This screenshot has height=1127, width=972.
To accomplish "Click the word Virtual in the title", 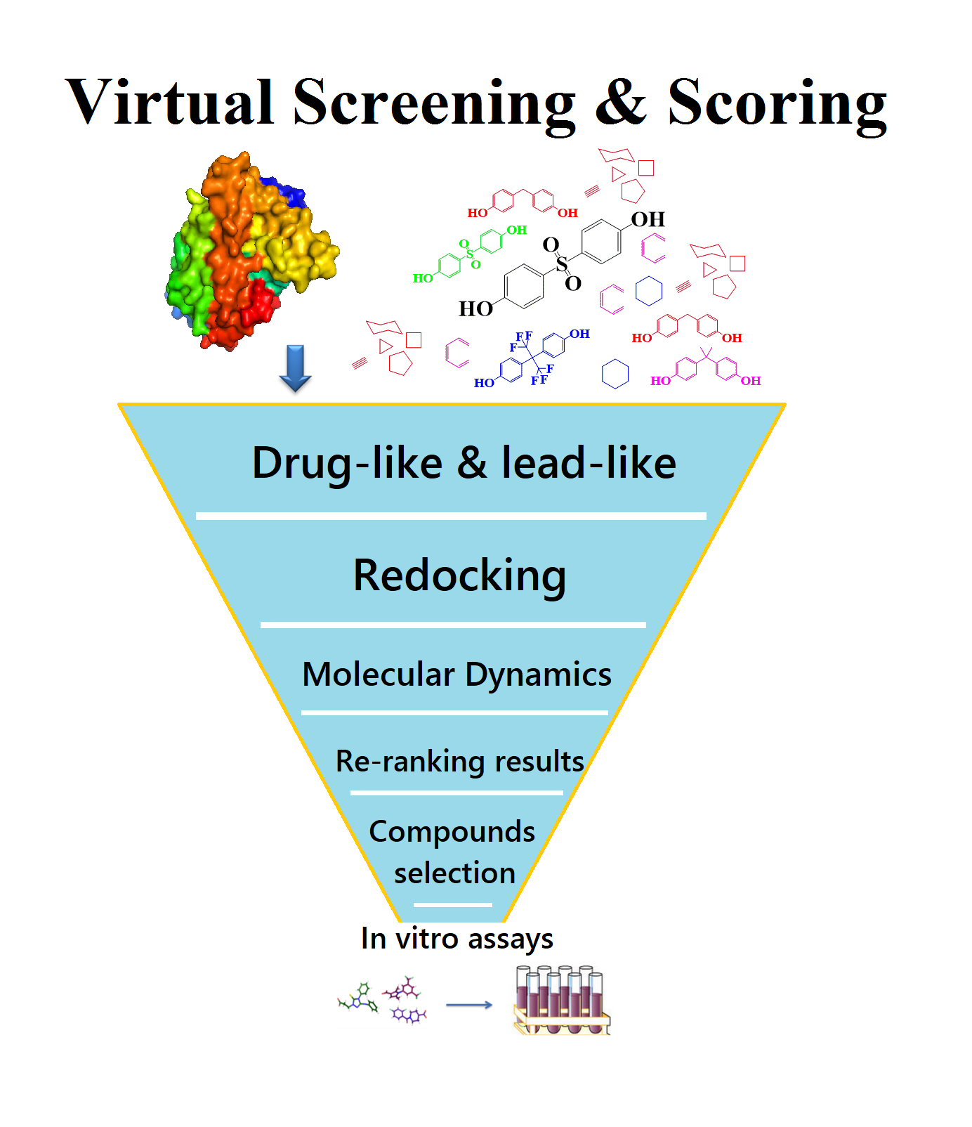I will [x=169, y=103].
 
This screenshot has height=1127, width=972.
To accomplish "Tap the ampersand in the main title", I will [x=621, y=103].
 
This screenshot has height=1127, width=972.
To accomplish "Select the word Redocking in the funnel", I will [x=459, y=576].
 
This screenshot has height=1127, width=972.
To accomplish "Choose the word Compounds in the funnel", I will [x=452, y=832].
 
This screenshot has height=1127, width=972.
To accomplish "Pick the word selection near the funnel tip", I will [x=454, y=873].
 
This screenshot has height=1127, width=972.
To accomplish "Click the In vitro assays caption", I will [x=457, y=939].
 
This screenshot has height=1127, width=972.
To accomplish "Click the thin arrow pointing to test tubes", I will [x=468, y=1005].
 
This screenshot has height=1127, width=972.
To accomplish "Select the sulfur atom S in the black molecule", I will [x=562, y=264].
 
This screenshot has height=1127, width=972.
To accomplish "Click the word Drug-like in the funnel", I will [x=347, y=464].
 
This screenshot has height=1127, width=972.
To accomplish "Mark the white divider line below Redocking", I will [x=453, y=625].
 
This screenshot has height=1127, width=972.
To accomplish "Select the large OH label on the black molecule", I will [x=648, y=220].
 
